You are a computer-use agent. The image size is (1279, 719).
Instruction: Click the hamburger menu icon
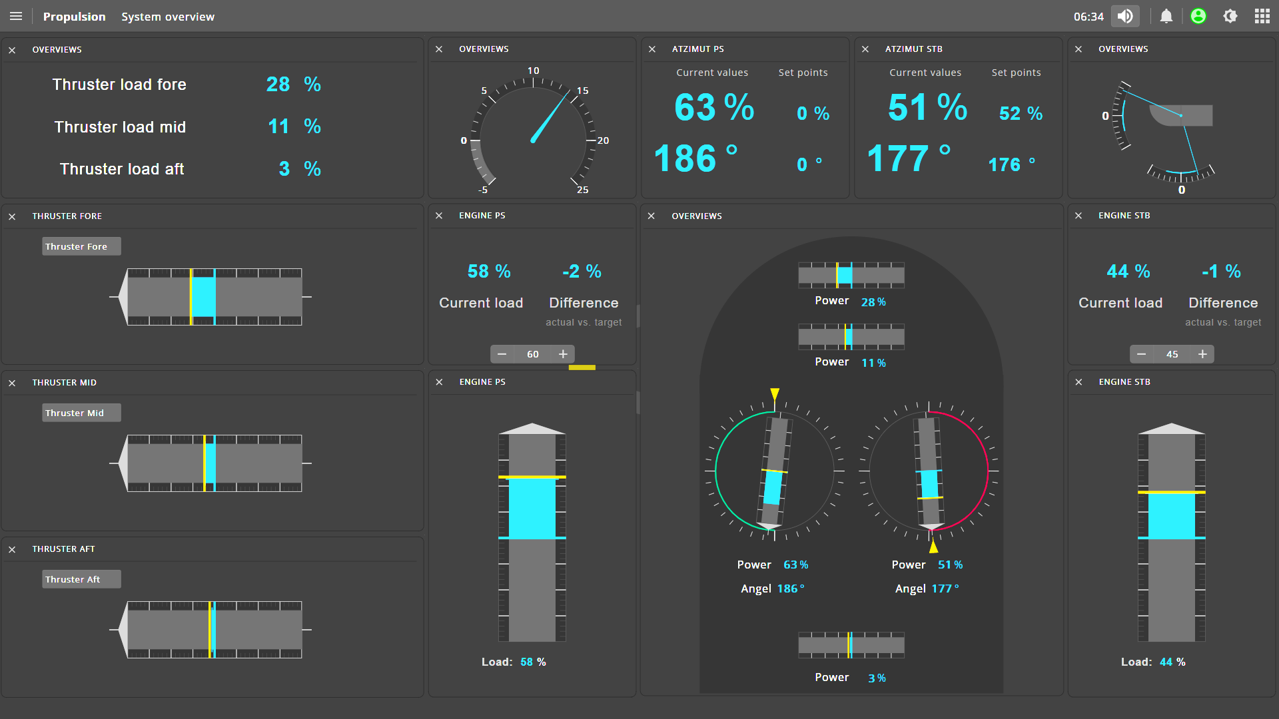(16, 16)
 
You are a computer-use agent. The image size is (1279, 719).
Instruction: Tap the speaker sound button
(1125, 16)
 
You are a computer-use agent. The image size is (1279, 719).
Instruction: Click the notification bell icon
(1166, 16)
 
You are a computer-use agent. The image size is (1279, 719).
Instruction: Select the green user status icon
(1198, 16)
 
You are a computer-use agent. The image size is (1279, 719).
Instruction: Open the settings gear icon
(1230, 16)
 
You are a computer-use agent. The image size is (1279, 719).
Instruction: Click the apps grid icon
(1262, 16)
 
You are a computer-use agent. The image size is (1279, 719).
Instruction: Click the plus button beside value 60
(563, 354)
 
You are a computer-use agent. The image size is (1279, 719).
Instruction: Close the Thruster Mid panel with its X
(12, 383)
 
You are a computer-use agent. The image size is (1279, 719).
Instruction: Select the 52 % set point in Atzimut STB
(1021, 114)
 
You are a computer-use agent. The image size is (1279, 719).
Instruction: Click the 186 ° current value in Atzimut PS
(695, 159)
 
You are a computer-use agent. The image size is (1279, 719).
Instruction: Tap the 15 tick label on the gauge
(583, 91)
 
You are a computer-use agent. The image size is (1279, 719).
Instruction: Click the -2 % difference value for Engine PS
(582, 272)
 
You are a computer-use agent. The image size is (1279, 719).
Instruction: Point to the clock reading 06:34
(1088, 17)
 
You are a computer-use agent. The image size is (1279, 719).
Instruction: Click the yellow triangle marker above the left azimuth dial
(775, 394)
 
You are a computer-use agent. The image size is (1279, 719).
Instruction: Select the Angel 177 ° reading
(927, 589)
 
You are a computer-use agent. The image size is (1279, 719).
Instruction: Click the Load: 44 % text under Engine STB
(1153, 662)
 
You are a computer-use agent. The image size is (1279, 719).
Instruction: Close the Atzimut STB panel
(865, 49)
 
